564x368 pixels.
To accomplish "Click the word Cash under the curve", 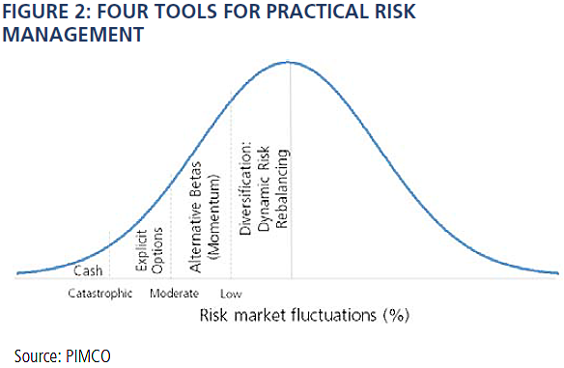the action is pyautogui.click(x=88, y=270).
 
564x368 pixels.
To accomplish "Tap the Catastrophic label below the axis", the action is pyautogui.click(x=100, y=294).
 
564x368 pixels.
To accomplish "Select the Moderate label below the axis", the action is pyautogui.click(x=175, y=294).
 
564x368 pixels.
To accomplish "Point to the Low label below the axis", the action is pyautogui.click(x=231, y=294).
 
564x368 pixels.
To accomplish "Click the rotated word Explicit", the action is pyautogui.click(x=141, y=250).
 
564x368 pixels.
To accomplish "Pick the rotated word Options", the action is pyautogui.click(x=157, y=250).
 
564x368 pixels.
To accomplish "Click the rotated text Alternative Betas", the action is pyautogui.click(x=196, y=217).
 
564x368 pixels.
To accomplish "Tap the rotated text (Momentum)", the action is pyautogui.click(x=213, y=217).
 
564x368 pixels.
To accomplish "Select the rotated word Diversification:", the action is pyautogui.click(x=245, y=189).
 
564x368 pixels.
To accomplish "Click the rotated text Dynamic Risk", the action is pyautogui.click(x=264, y=188).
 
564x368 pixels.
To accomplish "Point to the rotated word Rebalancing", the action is pyautogui.click(x=282, y=188).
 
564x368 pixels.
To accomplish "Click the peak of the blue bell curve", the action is pyautogui.click(x=289, y=62).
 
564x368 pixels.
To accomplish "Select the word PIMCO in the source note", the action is pyautogui.click(x=88, y=356).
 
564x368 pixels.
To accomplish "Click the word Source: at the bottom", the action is pyautogui.click(x=38, y=356).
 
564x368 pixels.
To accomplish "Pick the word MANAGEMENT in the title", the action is pyautogui.click(x=73, y=35).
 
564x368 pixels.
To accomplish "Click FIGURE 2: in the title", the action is pyautogui.click(x=46, y=11).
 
